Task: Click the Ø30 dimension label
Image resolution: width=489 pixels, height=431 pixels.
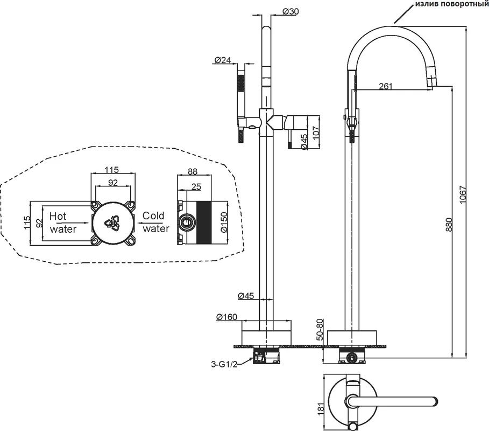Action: click(x=290, y=11)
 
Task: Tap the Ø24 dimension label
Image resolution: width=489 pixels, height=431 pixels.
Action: click(x=223, y=60)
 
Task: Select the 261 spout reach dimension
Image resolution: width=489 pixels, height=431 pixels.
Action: click(x=386, y=86)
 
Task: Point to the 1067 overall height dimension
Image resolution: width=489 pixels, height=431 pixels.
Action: click(x=462, y=194)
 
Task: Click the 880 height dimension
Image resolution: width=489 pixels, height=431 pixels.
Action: click(x=449, y=224)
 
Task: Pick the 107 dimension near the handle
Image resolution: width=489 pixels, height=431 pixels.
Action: click(x=316, y=133)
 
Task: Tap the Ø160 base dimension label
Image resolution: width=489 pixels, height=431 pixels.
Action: click(x=226, y=317)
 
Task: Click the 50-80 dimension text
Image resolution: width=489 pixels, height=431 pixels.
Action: click(x=320, y=330)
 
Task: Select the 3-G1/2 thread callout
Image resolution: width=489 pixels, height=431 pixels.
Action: click(x=224, y=364)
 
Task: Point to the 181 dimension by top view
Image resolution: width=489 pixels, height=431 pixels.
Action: click(x=321, y=408)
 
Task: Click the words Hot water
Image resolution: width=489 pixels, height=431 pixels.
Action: click(x=63, y=223)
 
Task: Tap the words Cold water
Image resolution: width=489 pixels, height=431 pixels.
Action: click(x=155, y=222)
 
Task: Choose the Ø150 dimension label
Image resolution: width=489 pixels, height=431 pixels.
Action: click(x=224, y=222)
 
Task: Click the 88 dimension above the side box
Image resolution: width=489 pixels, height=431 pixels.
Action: click(x=193, y=172)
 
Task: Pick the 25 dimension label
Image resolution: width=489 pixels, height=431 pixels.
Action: click(x=196, y=187)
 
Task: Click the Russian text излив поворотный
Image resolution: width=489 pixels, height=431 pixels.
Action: click(x=451, y=4)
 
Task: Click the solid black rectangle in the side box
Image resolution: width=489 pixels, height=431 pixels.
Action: click(x=204, y=223)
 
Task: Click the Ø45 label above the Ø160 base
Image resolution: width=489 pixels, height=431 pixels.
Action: click(x=246, y=295)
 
